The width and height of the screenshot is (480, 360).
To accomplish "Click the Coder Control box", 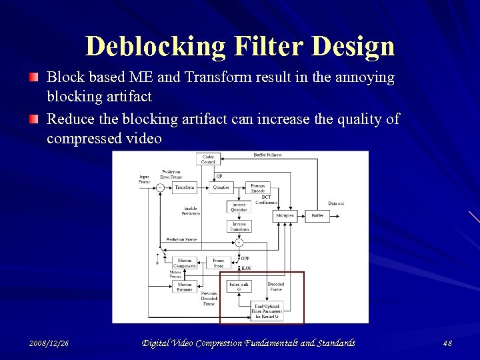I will [x=208, y=159].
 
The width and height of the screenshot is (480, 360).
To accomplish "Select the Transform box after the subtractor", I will [x=185, y=187].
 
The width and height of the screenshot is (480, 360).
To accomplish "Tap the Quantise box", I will [x=221, y=187].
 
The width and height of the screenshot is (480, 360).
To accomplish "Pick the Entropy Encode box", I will [x=258, y=187].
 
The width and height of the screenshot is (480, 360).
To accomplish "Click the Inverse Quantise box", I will [x=239, y=207].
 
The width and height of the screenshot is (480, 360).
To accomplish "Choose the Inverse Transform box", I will [x=239, y=227].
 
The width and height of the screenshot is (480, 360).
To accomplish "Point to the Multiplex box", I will [x=285, y=216].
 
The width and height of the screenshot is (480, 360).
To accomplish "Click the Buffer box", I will [x=317, y=216].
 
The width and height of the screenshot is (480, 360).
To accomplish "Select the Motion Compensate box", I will [x=185, y=263].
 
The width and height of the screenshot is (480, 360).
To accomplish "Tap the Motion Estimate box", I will [x=185, y=287].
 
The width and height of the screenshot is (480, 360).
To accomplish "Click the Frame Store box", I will [x=219, y=263].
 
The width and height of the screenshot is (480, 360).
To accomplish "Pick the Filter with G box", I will [x=239, y=287].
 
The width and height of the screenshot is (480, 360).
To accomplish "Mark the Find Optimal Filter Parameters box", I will [x=267, y=309].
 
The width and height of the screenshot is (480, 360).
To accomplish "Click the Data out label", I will [x=336, y=203].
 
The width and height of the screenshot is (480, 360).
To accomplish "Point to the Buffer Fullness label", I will [x=268, y=155].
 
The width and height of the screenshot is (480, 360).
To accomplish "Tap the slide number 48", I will [x=447, y=343].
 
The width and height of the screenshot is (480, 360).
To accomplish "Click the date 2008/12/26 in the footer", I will [x=49, y=343].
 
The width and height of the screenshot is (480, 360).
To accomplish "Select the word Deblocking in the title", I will [x=156, y=47].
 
